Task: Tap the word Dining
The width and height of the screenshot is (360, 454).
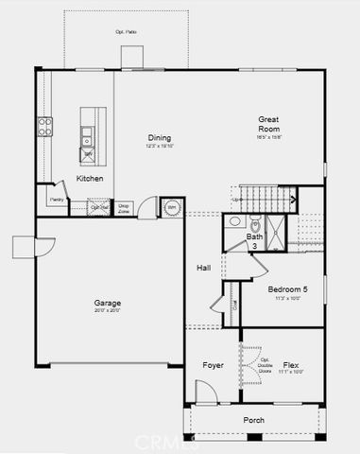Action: click(159, 138)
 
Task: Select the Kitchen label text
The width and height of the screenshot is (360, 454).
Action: click(90, 178)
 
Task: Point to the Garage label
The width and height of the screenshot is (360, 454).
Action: click(107, 304)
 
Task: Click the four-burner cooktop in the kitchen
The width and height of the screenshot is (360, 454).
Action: click(44, 126)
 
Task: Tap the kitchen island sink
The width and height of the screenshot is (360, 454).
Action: click(88, 133)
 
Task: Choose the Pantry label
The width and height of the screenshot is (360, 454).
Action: click(56, 200)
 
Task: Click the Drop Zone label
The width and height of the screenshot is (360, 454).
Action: click(124, 206)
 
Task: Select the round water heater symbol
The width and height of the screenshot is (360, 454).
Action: click(173, 207)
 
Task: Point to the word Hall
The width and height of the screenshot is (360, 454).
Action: click(203, 268)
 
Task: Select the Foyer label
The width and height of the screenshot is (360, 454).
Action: click(213, 364)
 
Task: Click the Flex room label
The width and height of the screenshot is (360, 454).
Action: click(291, 364)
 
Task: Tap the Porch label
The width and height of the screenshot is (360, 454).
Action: click(253, 420)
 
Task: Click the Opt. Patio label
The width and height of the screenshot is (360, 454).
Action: click(126, 32)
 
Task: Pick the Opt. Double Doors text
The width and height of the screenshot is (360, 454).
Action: click(265, 365)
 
